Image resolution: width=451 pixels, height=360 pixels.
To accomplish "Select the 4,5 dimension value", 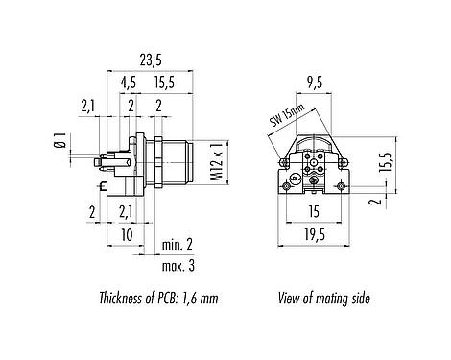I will coord(128,83).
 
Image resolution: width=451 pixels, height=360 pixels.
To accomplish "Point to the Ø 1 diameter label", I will coord(60,142).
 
